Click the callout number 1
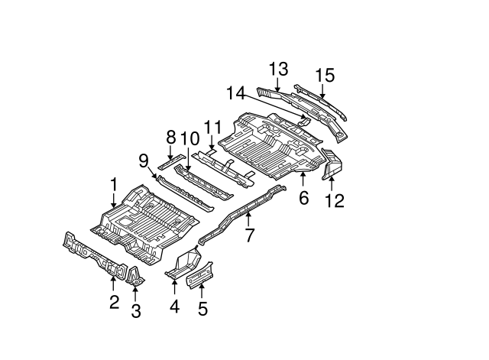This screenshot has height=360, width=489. click(x=113, y=184)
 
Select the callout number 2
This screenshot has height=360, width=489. click(x=114, y=302)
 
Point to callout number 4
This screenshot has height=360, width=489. click(x=174, y=307)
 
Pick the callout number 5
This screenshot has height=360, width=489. click(x=202, y=310)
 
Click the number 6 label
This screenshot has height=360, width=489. click(x=303, y=199)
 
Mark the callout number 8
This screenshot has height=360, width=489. click(x=171, y=138)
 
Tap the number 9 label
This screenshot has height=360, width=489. click(x=144, y=160)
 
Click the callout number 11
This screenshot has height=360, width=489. click(x=212, y=126)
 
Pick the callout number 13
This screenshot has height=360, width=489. click(x=278, y=69)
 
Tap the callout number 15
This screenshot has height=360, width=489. click(x=325, y=75)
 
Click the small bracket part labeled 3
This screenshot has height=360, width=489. click(x=135, y=277)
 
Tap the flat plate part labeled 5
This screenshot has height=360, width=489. click(x=200, y=274)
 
